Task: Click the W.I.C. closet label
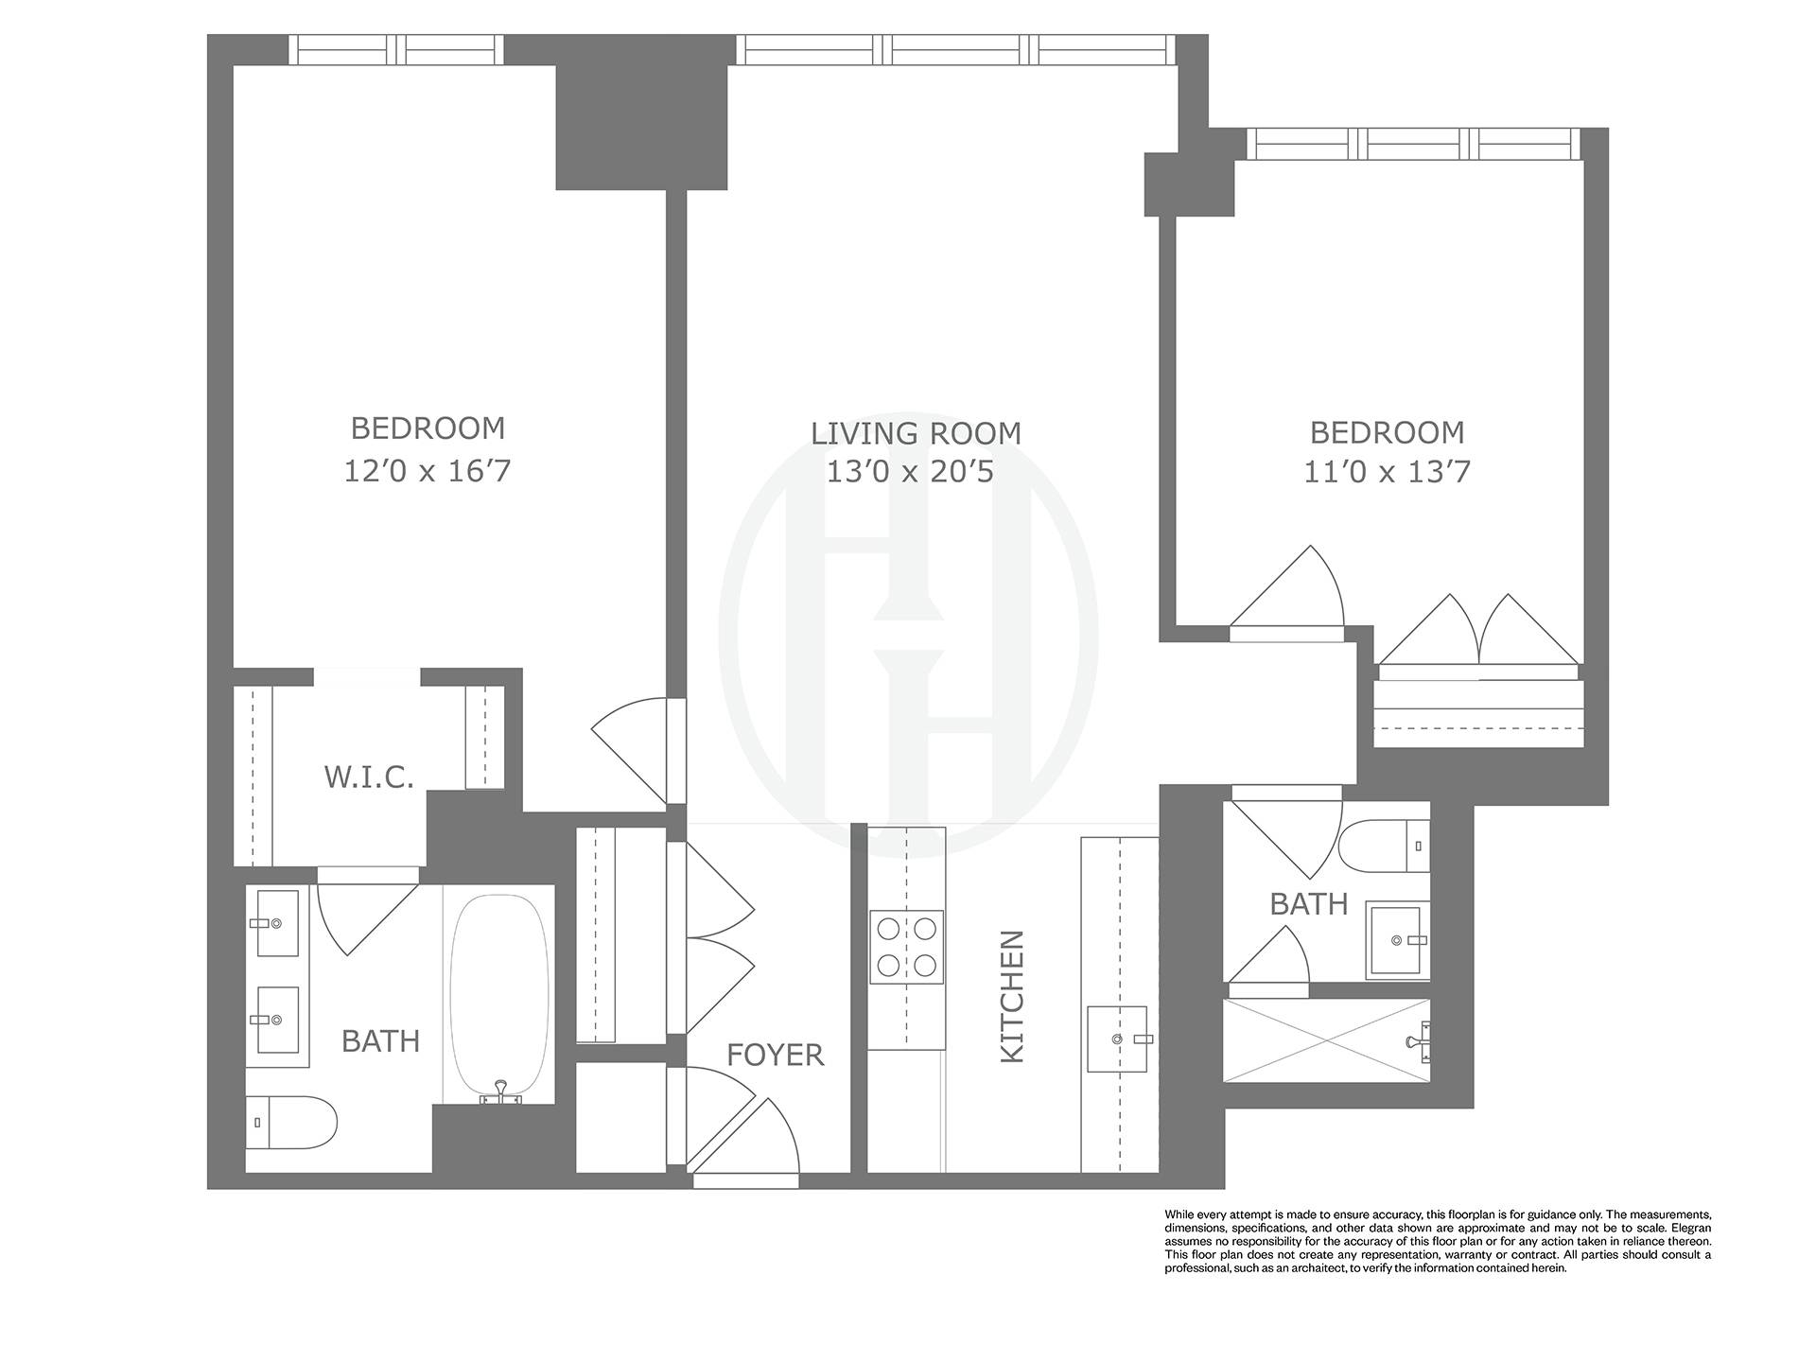click(369, 777)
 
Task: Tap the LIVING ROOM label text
click(916, 433)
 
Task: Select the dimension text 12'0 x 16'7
click(427, 471)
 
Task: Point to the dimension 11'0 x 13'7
click(1387, 471)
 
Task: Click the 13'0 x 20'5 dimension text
click(910, 471)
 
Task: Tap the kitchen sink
click(1117, 1039)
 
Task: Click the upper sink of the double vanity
click(274, 922)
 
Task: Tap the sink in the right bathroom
click(1397, 939)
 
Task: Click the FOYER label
click(775, 1055)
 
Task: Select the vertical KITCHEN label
click(1012, 996)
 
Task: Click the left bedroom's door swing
click(632, 747)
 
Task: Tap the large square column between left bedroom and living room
click(641, 128)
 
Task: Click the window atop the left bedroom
click(395, 49)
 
